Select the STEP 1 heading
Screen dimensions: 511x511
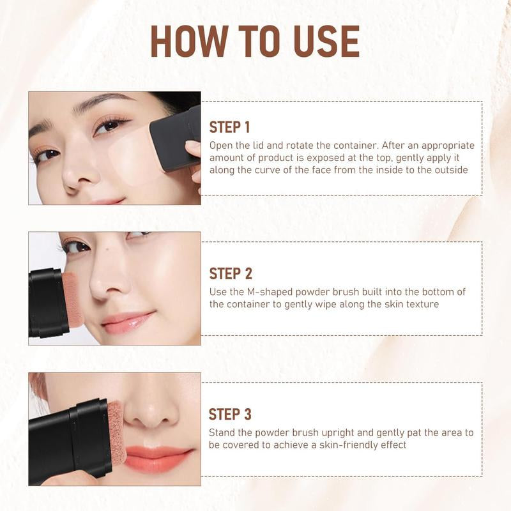[230, 126]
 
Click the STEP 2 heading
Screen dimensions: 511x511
[231, 273]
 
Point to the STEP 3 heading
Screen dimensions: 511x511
[231, 414]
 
